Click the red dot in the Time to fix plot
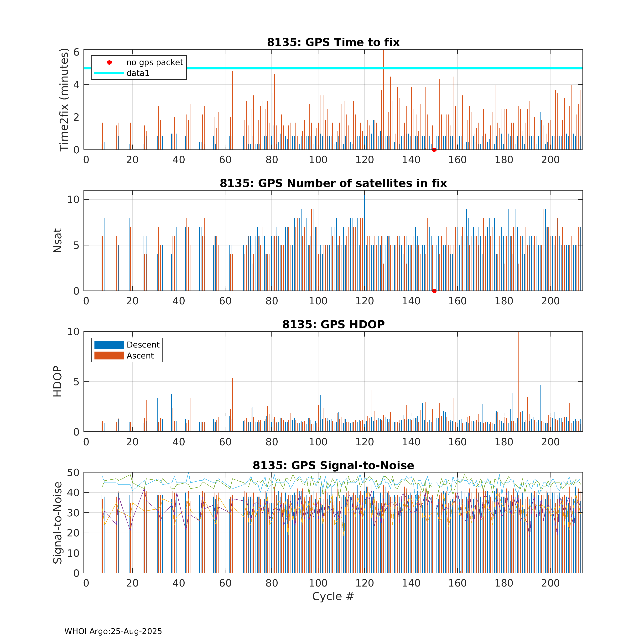434,150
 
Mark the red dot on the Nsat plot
434,291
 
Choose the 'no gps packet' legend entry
154,62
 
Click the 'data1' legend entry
138,73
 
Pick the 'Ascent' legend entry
140,356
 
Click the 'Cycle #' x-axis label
333,596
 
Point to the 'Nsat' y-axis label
57,240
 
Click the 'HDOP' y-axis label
57,381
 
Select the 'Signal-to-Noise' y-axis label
57,523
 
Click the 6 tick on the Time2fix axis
76,52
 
